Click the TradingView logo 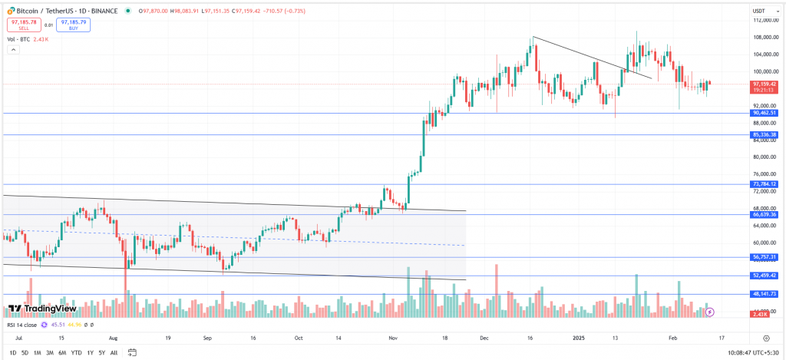[42, 309]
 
